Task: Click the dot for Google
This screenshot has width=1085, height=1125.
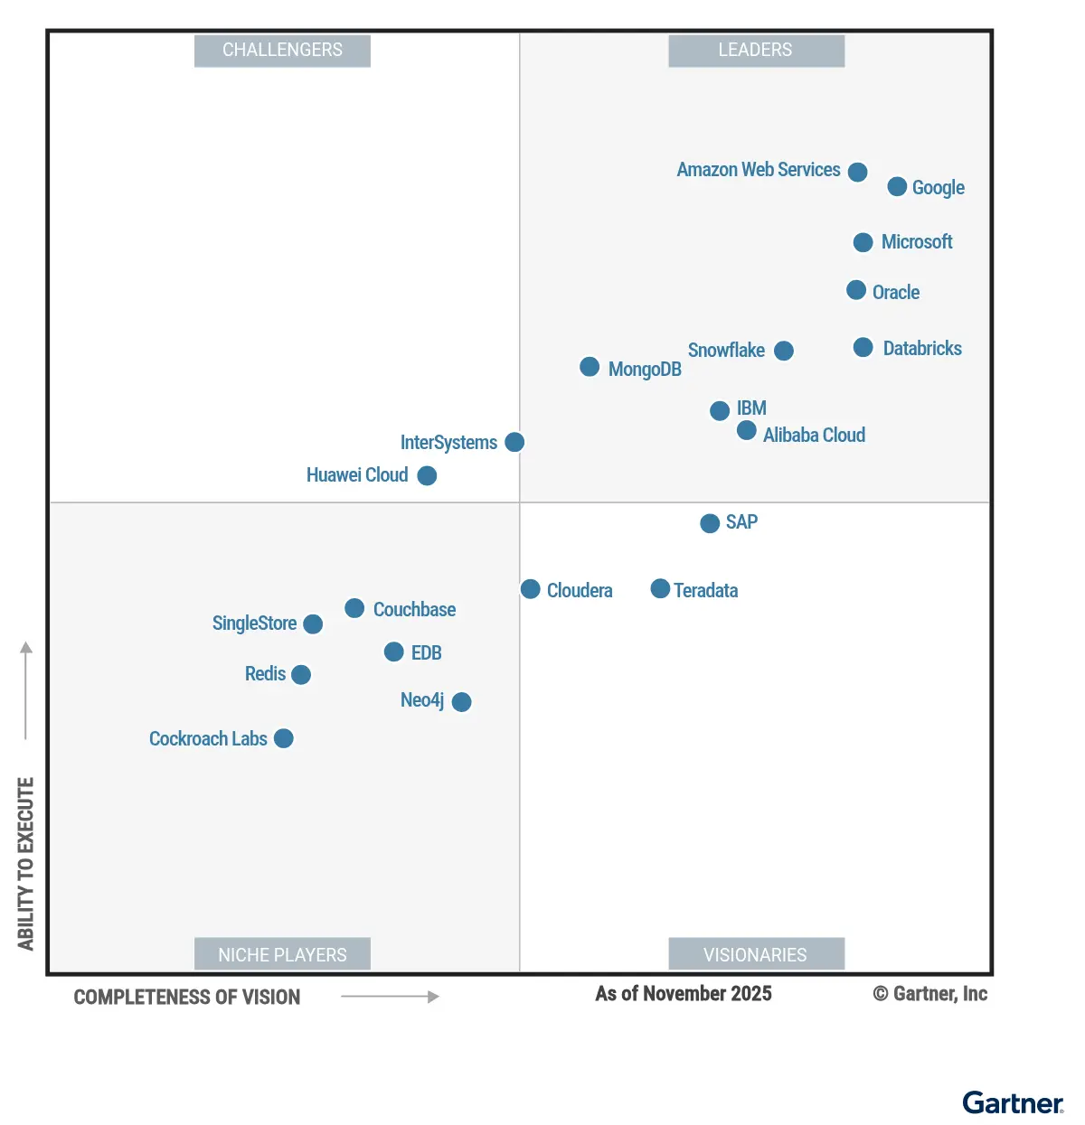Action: (897, 186)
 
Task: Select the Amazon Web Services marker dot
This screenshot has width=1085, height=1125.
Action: (858, 172)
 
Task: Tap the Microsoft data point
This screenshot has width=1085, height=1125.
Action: (863, 242)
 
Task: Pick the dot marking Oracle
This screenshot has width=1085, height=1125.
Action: (856, 290)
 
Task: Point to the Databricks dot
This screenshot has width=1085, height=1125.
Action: (863, 348)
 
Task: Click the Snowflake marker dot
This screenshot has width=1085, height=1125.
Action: (784, 351)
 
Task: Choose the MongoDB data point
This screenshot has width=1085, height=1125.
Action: (590, 367)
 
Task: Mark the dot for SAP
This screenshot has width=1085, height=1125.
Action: (710, 523)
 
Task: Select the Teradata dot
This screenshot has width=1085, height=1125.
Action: (661, 589)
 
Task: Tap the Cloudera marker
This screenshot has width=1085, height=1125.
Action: (531, 589)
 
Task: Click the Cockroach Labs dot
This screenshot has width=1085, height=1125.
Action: (284, 738)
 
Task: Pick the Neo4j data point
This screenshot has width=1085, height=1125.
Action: (461, 702)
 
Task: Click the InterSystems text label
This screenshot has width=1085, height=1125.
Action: (448, 443)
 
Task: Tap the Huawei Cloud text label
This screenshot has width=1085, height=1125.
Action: (357, 475)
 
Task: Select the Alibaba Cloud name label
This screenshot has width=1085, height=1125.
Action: (814, 436)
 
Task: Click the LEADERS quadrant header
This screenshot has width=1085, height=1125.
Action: (756, 51)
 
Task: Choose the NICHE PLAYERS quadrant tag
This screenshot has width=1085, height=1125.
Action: (282, 954)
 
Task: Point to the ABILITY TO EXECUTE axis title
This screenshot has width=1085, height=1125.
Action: (25, 863)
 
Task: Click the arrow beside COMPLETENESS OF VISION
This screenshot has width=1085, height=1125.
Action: (390, 997)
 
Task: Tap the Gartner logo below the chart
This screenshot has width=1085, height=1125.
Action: (1013, 1103)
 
